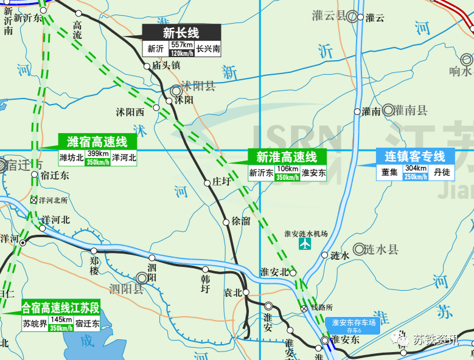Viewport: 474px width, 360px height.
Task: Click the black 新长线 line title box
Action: (x=181, y=33)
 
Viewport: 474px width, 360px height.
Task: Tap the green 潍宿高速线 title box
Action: (x=97, y=142)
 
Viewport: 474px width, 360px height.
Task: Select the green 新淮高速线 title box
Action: (x=287, y=157)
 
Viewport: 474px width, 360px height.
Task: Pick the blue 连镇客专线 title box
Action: (x=414, y=156)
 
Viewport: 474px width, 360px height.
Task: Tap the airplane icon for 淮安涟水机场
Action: (x=305, y=244)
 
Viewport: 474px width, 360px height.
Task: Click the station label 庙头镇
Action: (x=167, y=65)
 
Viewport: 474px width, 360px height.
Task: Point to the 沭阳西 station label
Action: (x=130, y=112)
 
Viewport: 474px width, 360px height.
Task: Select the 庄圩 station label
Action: (x=223, y=182)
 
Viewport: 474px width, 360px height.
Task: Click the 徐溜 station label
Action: (x=241, y=221)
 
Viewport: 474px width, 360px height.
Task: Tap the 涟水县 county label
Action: (x=381, y=249)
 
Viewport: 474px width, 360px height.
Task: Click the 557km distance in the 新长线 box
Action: (x=182, y=46)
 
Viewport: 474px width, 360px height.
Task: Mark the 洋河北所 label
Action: (x=53, y=199)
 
